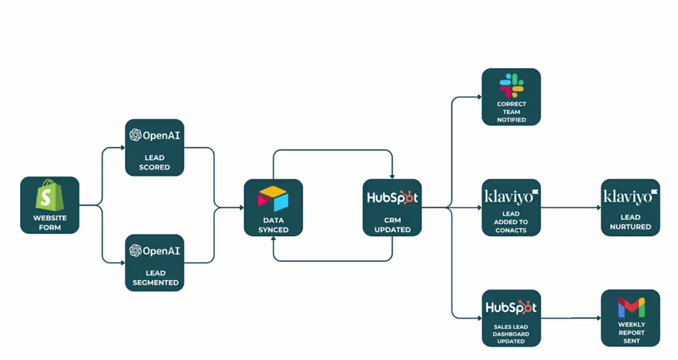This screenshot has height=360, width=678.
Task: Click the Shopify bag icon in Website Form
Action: coord(49,197)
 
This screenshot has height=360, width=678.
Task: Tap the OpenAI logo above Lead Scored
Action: coord(154,135)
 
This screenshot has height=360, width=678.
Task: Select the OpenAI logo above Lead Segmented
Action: coord(154,250)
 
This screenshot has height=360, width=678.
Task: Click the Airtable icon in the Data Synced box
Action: coord(273,199)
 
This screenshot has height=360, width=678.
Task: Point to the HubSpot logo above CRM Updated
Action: coord(392,198)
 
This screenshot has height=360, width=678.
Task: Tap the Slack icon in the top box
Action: coord(511,85)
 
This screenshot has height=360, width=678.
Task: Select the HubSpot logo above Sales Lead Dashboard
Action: coord(511,307)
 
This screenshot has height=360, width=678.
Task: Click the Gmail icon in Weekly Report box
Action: coord(630,307)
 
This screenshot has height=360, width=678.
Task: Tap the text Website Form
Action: coord(49,222)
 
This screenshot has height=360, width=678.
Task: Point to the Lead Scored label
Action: coord(154,162)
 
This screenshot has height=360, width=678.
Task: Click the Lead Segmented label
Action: coord(154,277)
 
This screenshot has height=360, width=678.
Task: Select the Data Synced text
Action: coord(273,225)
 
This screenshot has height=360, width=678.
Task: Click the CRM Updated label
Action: coord(392,225)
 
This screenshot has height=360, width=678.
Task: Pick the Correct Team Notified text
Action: coord(511,112)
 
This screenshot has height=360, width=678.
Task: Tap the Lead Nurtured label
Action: coord(630,222)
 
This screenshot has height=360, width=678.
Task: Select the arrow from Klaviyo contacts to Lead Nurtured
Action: coord(570,208)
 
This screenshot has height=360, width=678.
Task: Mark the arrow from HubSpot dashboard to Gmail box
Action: coord(570,318)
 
